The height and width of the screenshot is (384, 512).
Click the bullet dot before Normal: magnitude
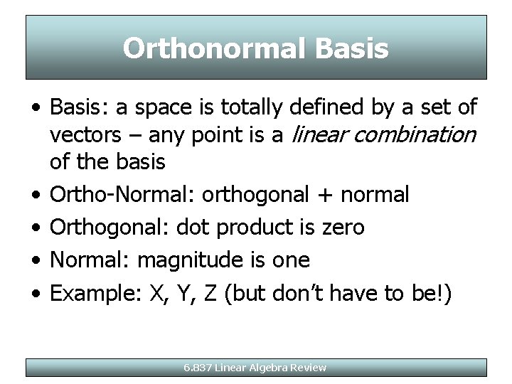[36, 260]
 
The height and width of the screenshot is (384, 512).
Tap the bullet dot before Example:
[36, 293]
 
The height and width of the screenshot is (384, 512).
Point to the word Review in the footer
[310, 368]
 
